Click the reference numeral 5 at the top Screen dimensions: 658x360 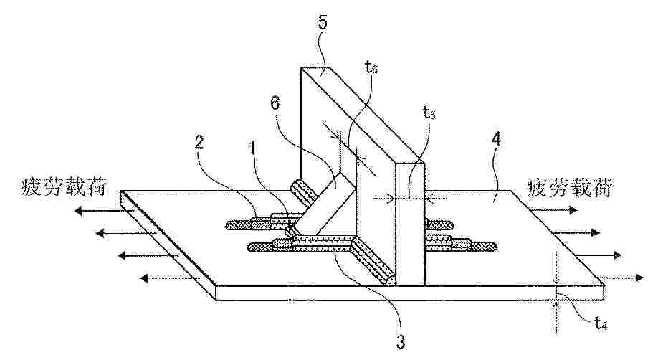pos(323,22)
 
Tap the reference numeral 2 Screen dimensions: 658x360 pos(199,143)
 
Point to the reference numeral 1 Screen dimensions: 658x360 pos(252,148)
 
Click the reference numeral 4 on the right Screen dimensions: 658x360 pos(497,139)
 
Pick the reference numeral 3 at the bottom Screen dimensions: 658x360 pos(401,342)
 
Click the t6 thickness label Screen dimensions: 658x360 pos(371,67)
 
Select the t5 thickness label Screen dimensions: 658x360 pos(429,113)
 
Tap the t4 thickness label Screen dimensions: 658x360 pos(601,323)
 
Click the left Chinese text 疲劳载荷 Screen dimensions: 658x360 pos(63,187)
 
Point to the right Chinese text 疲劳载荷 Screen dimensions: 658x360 pos(568,187)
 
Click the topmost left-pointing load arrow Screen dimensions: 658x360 pos(97,212)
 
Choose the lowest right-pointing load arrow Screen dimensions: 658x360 pos(620,278)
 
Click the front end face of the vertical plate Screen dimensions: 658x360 pos(411,224)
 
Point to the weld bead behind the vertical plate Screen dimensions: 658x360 pos(303,192)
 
